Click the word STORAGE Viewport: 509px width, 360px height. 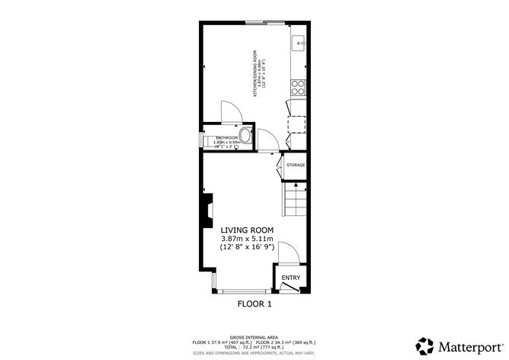(296, 165)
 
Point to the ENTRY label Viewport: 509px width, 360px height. (291, 278)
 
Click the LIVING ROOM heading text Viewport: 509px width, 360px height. (247, 230)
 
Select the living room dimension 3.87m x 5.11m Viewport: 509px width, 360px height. (247, 239)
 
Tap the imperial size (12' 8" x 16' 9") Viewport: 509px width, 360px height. (247, 249)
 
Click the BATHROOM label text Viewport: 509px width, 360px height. (227, 137)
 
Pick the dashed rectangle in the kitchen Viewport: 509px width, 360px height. (296, 124)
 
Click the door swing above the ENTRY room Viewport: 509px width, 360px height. (286, 252)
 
